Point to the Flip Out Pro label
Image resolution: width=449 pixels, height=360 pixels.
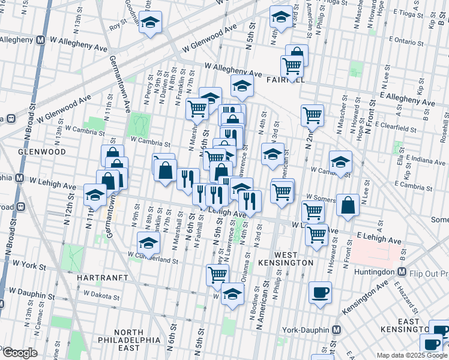tap(429, 273)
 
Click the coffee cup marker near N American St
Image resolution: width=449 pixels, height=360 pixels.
tap(320, 292)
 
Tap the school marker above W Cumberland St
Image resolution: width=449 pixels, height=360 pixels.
tap(148, 243)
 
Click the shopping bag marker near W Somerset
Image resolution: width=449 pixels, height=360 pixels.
tap(348, 205)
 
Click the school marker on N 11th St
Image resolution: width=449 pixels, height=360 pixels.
tap(95, 195)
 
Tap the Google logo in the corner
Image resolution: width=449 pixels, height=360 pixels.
tap(19, 353)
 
